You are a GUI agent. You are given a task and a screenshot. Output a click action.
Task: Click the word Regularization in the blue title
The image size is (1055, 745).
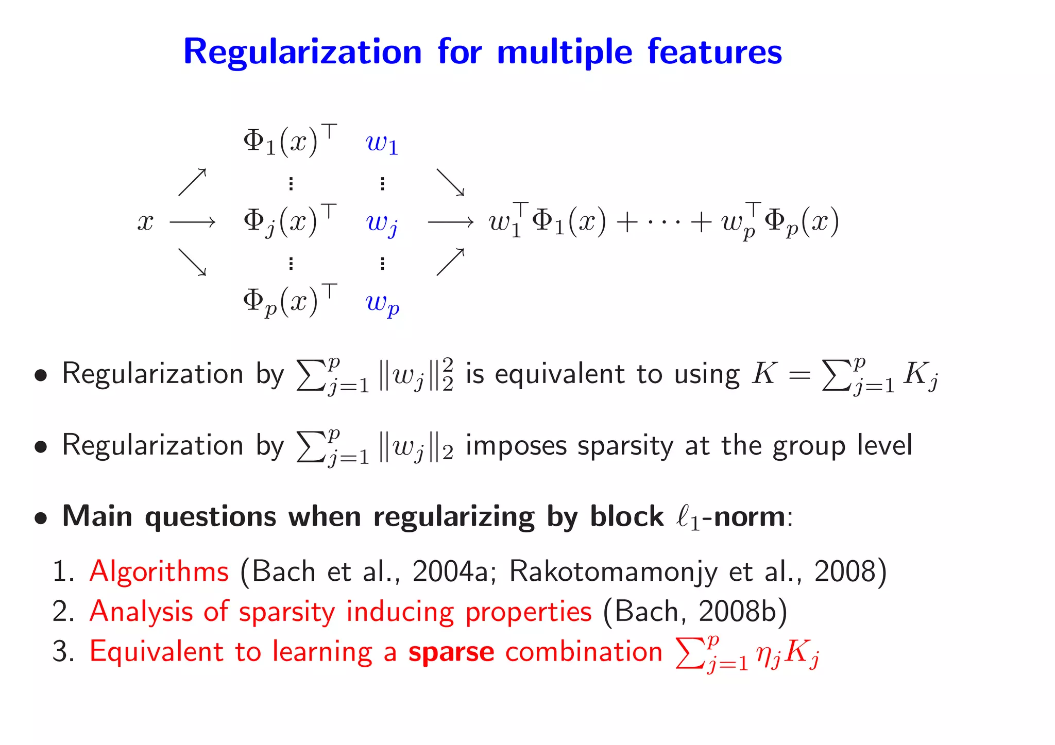[x=302, y=53]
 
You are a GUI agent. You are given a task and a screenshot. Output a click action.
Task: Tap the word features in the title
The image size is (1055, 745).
[x=714, y=51]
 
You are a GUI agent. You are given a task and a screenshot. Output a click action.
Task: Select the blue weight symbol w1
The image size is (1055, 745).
[x=382, y=143]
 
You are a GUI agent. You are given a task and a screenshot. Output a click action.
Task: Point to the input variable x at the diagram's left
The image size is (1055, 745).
[x=145, y=222]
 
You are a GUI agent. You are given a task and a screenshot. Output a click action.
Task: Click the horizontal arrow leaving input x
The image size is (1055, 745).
[x=192, y=222]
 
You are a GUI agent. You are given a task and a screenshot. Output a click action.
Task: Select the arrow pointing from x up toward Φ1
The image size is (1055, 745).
[x=192, y=182]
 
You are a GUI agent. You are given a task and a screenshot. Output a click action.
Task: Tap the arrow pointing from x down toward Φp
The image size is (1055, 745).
[x=192, y=262]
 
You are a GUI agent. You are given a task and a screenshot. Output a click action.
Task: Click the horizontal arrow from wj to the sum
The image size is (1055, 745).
[x=450, y=222]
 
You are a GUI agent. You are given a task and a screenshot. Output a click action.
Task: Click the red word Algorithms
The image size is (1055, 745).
[x=159, y=571]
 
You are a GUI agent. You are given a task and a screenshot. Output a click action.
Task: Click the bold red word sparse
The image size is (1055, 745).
[x=451, y=652]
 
